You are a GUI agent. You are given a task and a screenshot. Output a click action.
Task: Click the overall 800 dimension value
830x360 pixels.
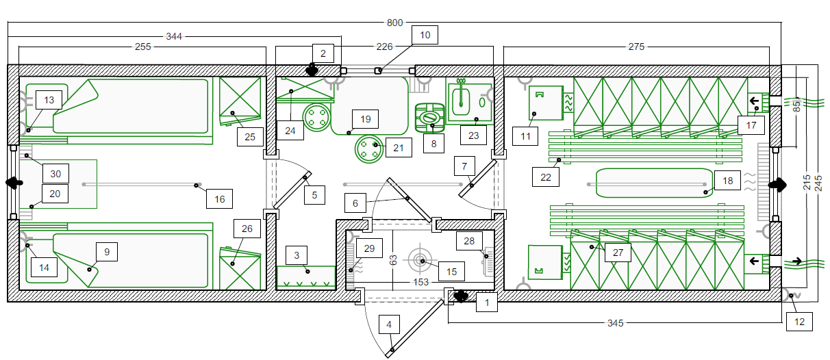click(394, 23)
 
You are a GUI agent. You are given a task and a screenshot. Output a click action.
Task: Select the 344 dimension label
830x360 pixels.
click(174, 37)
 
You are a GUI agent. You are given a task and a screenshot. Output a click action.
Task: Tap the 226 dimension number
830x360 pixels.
click(384, 47)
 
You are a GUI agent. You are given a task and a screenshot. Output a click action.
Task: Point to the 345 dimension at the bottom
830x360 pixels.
click(615, 323)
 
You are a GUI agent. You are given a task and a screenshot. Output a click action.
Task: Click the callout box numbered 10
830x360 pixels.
click(425, 35)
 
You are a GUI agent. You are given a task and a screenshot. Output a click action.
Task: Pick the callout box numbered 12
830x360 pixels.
click(799, 322)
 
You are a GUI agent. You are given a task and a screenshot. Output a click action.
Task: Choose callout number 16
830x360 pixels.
click(219, 199)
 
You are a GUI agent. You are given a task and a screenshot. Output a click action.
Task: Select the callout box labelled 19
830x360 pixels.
click(365, 119)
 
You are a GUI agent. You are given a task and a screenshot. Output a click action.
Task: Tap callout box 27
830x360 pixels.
click(618, 253)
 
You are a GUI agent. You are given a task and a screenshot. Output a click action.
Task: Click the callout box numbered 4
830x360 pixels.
click(389, 325)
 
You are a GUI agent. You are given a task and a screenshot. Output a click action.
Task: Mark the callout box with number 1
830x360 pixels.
click(486, 303)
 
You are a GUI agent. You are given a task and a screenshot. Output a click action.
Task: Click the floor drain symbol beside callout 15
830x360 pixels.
click(420, 259)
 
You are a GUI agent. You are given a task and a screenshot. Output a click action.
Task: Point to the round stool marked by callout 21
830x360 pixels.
click(368, 149)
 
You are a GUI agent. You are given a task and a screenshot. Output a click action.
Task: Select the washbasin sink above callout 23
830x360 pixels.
click(461, 99)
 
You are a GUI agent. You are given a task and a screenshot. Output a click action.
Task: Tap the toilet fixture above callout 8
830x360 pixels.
click(430, 118)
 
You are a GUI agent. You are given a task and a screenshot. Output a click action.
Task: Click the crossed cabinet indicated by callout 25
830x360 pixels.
click(240, 101)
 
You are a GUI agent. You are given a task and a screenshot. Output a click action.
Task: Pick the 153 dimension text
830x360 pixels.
click(421, 282)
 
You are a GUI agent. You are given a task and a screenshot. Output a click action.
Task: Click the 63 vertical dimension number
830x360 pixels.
click(393, 260)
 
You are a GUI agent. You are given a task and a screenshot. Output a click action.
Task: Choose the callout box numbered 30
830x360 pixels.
click(55, 174)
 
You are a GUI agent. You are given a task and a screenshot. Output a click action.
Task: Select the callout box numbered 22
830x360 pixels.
click(545, 177)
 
